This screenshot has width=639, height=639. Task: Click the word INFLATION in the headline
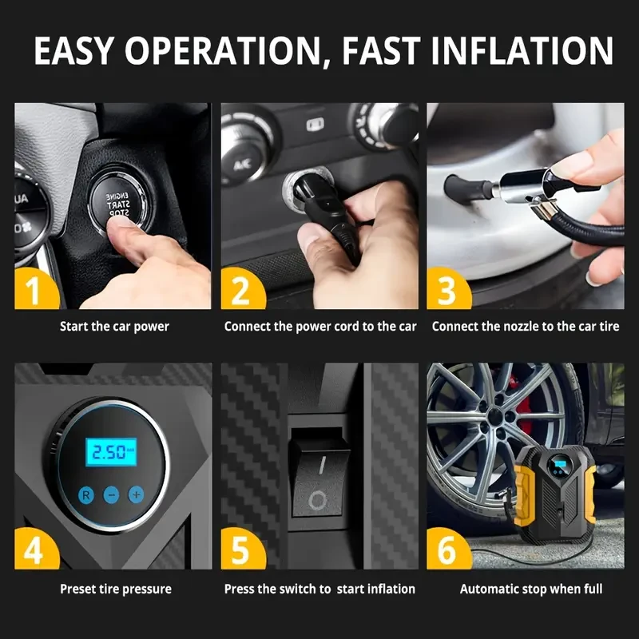coord(522,50)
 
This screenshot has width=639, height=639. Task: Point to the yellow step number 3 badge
coord(447,289)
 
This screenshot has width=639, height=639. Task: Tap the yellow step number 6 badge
coord(447,550)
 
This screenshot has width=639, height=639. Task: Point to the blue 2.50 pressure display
coord(111,452)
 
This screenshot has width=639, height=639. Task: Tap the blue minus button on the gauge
coord(111,495)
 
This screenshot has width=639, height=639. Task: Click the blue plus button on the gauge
coord(136,494)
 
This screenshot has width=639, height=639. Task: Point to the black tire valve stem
coord(469,189)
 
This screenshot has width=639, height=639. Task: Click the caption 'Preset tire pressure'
coord(116,589)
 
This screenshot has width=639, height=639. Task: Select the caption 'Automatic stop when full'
coord(531,589)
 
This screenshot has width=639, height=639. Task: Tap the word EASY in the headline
coord(73,50)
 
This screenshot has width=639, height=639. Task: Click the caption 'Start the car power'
coord(114,327)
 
